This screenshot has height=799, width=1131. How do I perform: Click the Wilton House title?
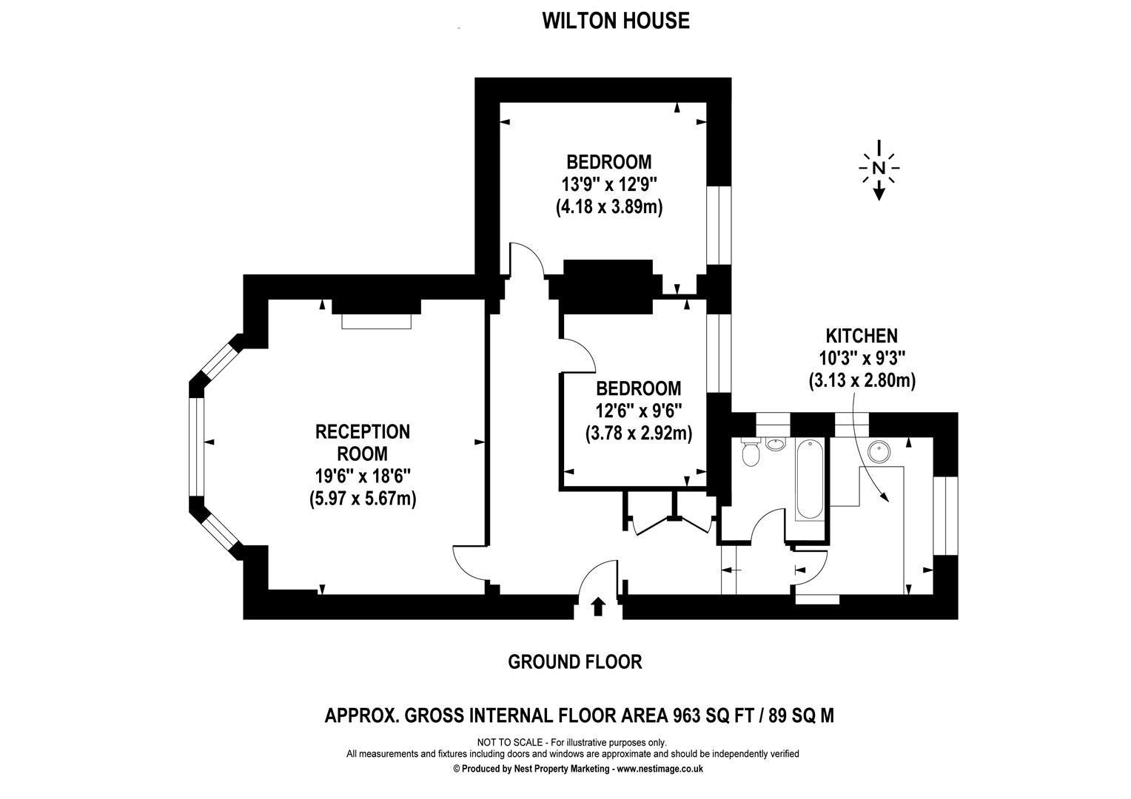(x=615, y=21)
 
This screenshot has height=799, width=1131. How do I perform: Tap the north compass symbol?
(x=879, y=169)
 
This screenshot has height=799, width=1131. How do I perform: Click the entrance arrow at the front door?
(x=598, y=607)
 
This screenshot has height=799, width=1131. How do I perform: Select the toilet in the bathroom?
(x=751, y=453)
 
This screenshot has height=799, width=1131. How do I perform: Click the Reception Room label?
(x=363, y=442)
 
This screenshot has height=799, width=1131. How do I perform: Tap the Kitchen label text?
(x=862, y=337)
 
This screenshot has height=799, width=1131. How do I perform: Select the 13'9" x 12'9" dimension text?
(x=608, y=184)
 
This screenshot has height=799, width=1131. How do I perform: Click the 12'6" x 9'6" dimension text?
(x=639, y=411)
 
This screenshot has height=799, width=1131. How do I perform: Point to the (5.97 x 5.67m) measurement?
(x=363, y=499)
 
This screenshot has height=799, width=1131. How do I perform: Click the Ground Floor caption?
(x=574, y=661)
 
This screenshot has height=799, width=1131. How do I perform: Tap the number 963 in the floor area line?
(x=688, y=715)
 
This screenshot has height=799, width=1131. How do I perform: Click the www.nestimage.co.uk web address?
(x=660, y=769)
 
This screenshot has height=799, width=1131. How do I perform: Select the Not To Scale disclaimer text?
(x=571, y=742)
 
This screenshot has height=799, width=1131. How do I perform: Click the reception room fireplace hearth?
(x=376, y=321)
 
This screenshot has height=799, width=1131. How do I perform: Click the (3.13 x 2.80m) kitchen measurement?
(x=862, y=381)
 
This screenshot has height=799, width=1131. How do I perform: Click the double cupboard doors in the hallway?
(x=672, y=522)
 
